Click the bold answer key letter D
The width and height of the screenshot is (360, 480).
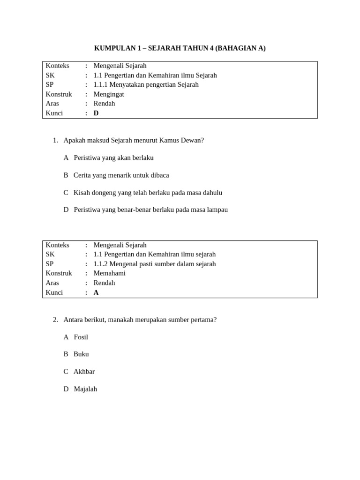96,113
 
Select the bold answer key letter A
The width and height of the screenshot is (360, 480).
96,292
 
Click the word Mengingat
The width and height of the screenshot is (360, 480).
109,94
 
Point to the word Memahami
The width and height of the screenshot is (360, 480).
109,273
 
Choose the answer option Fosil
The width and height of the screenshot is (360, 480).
81,337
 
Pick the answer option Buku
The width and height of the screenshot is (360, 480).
81,354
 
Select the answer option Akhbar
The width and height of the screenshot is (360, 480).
84,372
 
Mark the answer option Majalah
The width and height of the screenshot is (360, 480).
85,389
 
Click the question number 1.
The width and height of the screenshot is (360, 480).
55,140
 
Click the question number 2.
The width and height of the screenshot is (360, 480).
55,320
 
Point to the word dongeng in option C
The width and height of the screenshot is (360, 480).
105,193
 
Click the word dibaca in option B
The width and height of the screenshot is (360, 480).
159,175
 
